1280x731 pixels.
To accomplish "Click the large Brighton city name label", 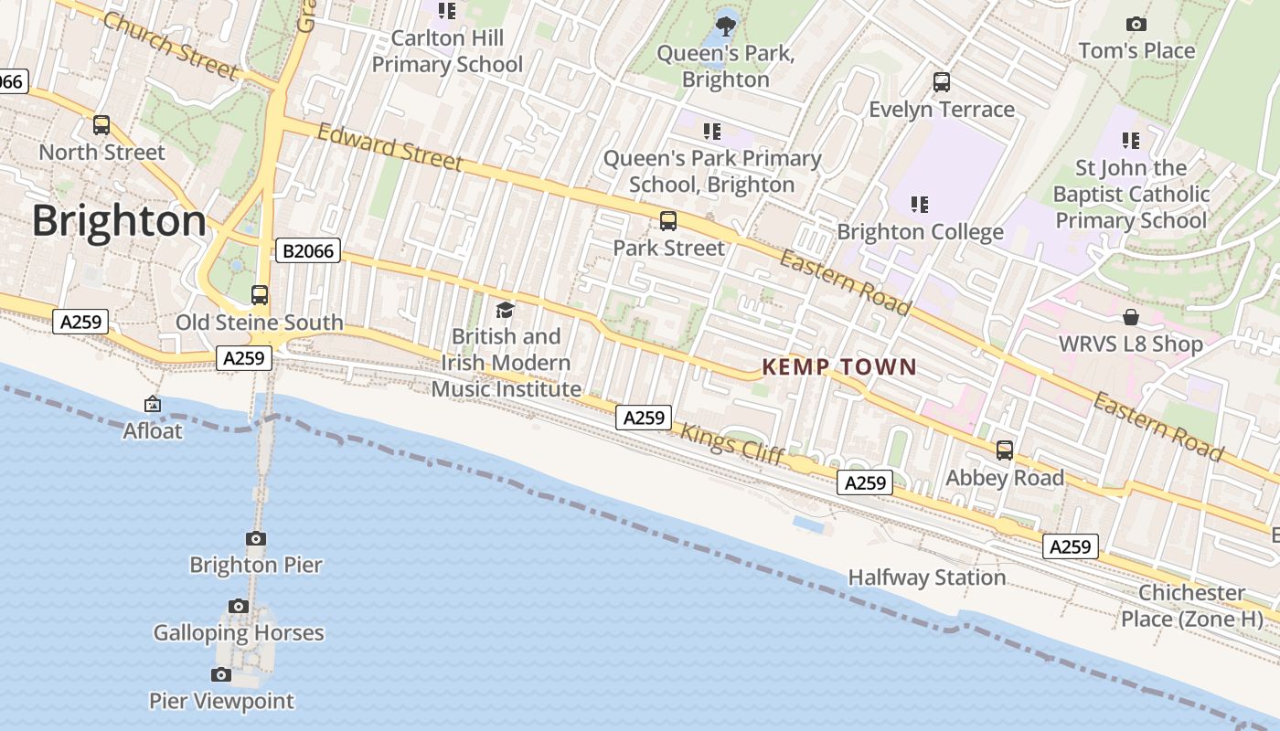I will click(x=119, y=222).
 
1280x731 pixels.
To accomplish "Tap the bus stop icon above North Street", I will click(x=101, y=125).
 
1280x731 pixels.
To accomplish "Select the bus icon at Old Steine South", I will click(x=260, y=295).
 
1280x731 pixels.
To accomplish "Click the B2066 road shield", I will click(x=307, y=250).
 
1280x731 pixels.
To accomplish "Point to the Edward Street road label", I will click(x=389, y=147).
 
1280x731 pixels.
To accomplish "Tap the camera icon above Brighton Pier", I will click(x=256, y=538).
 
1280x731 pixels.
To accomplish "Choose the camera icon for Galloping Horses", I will click(x=239, y=606).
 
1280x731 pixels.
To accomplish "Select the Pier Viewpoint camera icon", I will click(x=221, y=674).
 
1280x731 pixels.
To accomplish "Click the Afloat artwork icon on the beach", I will click(x=153, y=404).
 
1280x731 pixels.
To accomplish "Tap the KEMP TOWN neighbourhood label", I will click(x=839, y=367).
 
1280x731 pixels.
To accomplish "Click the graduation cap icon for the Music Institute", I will click(x=506, y=310).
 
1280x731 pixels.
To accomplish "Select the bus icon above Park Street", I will click(x=668, y=221).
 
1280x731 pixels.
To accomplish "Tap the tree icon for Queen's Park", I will click(x=727, y=26).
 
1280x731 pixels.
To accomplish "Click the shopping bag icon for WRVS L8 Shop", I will click(x=1131, y=317).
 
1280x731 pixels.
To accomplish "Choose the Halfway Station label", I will click(x=926, y=577).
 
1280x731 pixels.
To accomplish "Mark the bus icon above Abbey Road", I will click(x=1005, y=450).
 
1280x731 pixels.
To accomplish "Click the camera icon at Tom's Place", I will click(x=1136, y=24).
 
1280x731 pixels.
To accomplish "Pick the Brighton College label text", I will click(x=920, y=232).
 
